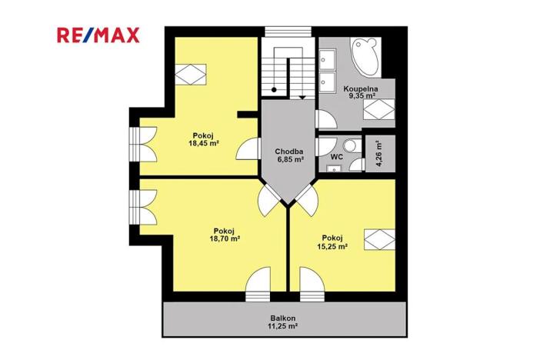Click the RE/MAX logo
click(x=97, y=35)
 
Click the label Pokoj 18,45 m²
click(x=199, y=139)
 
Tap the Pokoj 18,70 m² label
click(x=225, y=235)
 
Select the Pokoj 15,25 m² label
click(x=332, y=242)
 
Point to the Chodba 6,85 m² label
click(x=289, y=156)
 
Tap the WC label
click(x=336, y=156)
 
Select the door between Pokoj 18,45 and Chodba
click(x=248, y=148)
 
